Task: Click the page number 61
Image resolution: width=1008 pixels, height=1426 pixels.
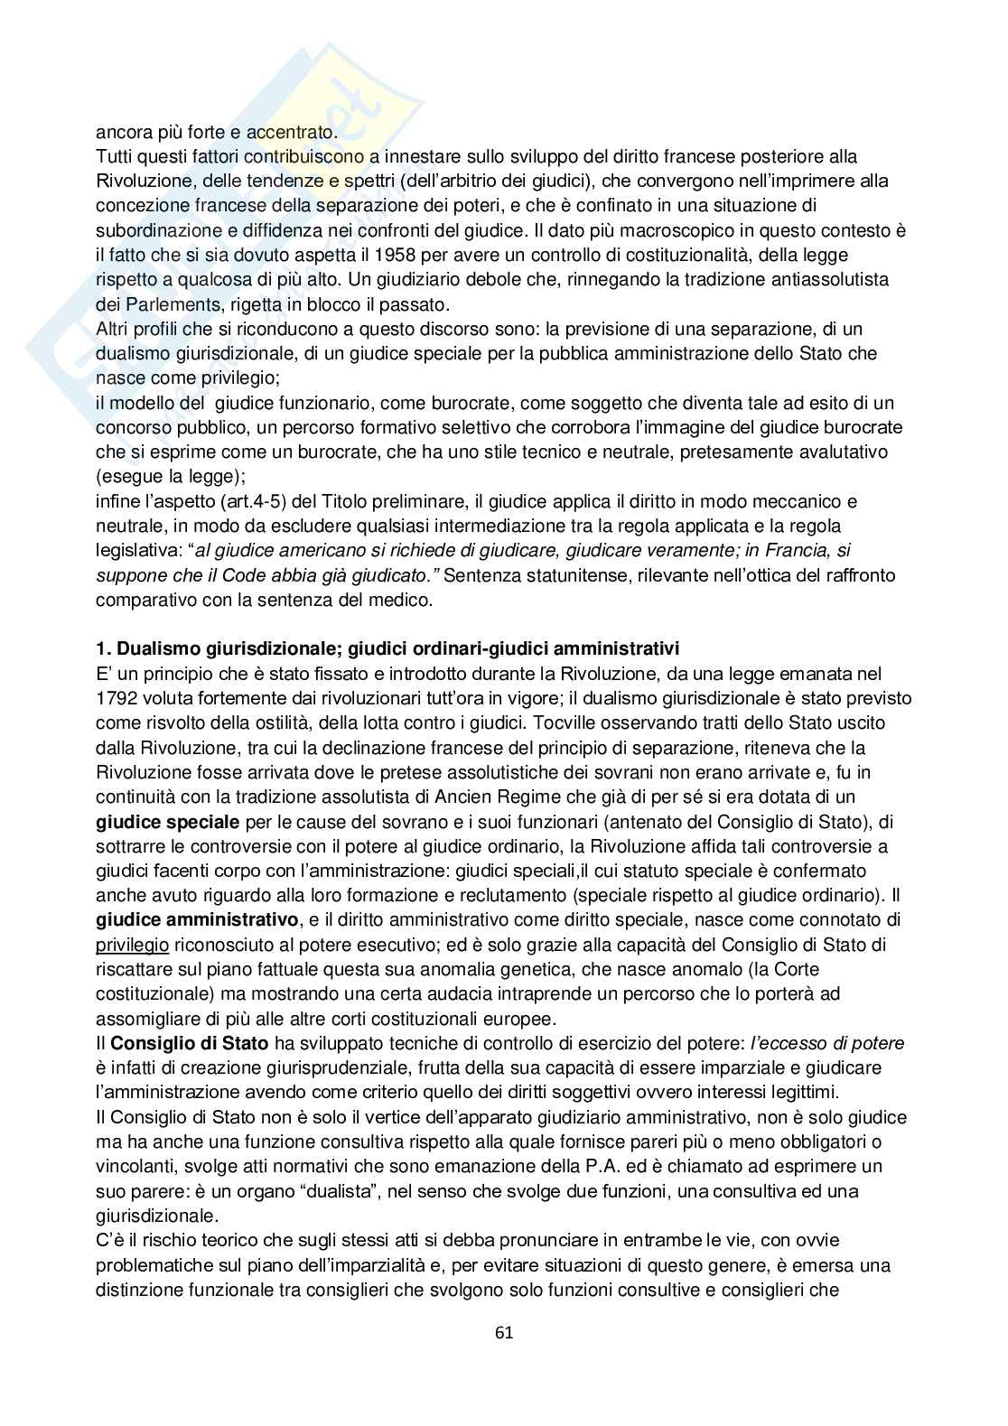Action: point(504,1332)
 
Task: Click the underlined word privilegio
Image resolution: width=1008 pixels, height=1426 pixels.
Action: point(132,945)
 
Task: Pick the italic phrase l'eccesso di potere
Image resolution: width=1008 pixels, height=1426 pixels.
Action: point(827,1043)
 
